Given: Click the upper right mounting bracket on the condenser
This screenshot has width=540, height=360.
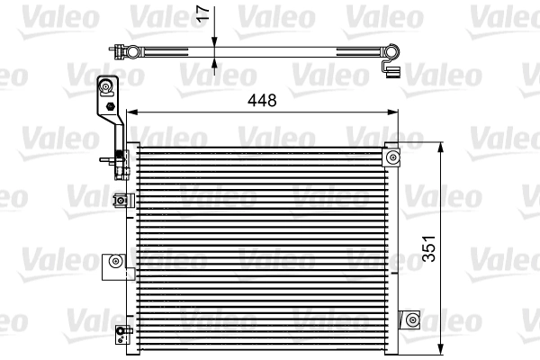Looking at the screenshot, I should (x=392, y=157).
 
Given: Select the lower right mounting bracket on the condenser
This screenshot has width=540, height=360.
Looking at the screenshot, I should (x=411, y=319).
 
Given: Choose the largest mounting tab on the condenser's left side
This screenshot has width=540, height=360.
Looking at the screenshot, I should (x=113, y=262).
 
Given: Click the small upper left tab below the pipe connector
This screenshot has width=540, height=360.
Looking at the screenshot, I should (x=120, y=201).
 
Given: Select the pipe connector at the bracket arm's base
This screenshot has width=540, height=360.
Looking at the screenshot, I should (x=121, y=163).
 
